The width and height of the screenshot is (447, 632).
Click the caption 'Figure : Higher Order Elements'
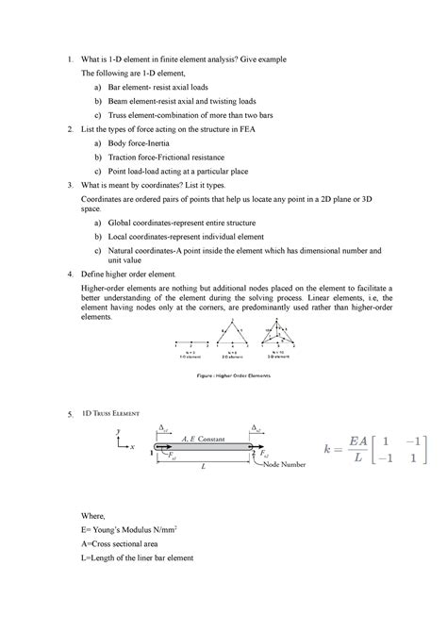click(x=231, y=375)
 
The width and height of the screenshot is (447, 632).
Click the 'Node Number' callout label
click(x=286, y=465)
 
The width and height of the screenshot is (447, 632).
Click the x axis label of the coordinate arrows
click(x=133, y=447)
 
